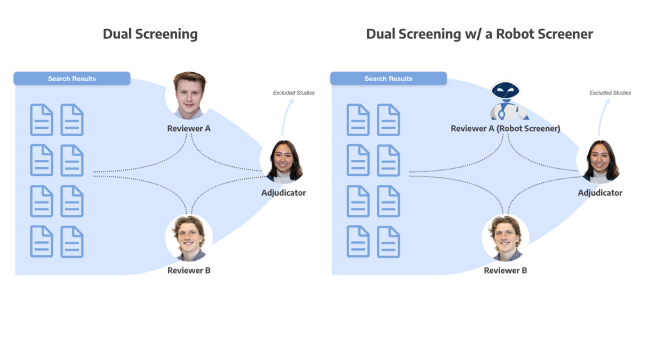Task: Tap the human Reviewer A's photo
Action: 189,95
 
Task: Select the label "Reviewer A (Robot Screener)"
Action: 505,129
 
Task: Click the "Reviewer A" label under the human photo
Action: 189,129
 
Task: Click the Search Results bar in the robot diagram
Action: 388,79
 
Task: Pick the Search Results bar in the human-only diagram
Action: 72,79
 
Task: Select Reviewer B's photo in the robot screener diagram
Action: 505,239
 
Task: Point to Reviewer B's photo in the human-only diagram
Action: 189,239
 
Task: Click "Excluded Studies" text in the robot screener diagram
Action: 610,93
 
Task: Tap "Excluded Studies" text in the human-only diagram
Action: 294,93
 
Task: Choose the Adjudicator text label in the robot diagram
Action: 600,192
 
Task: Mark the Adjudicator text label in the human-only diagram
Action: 283,192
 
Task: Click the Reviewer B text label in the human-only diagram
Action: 189,270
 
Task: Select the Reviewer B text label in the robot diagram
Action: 505,270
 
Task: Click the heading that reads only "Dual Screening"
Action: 150,34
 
